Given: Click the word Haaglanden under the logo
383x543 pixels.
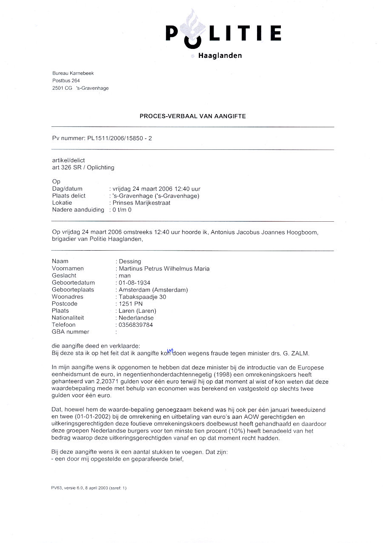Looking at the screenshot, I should (x=220, y=56).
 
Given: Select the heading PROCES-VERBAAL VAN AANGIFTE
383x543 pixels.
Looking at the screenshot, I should (x=192, y=116).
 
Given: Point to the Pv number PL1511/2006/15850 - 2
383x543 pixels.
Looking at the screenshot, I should (x=117, y=138).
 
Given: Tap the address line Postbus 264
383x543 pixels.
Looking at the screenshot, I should (x=66, y=80).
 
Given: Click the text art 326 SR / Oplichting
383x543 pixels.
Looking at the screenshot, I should (x=83, y=167).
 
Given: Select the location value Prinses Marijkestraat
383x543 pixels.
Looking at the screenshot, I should (x=141, y=203).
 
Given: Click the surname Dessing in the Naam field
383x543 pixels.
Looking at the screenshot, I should (x=130, y=261).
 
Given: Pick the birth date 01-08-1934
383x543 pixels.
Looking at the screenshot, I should (x=134, y=283).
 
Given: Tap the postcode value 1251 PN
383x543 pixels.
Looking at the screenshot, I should (x=131, y=304).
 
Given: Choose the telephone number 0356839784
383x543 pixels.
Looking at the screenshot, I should (x=136, y=325).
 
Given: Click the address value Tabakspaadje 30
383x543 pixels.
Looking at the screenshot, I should (x=142, y=297).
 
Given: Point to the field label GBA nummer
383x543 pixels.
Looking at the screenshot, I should (x=71, y=332).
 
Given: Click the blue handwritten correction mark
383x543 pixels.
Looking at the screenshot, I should (x=170, y=351).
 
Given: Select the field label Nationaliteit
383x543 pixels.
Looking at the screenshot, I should (x=68, y=317).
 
